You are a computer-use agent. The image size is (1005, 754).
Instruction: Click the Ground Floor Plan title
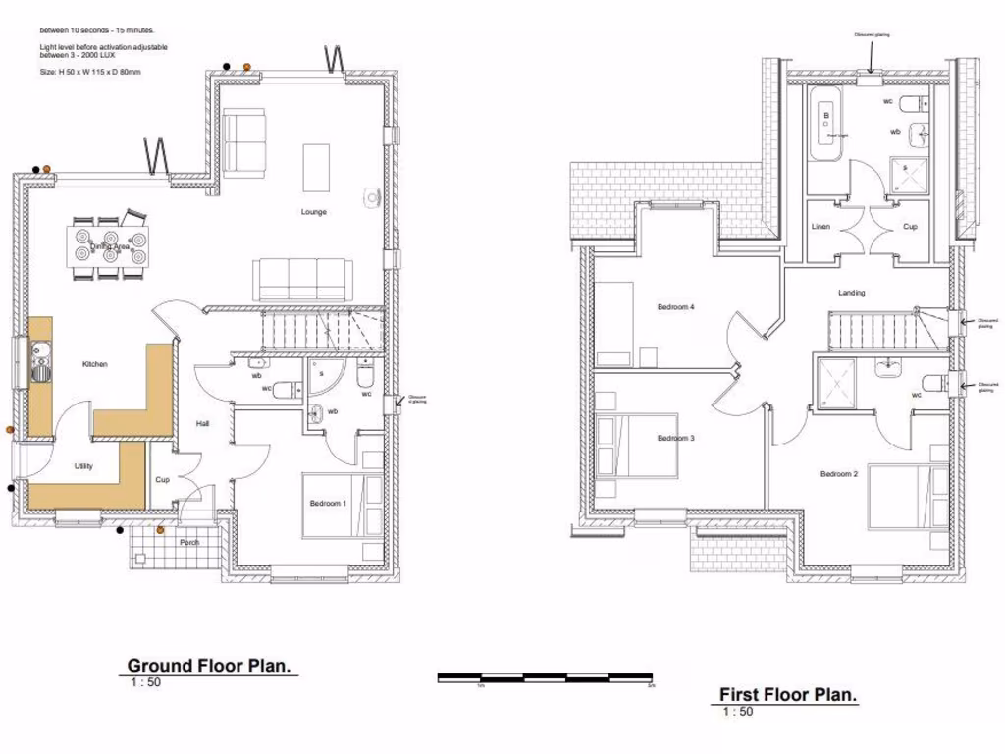pyautogui.click(x=210, y=666)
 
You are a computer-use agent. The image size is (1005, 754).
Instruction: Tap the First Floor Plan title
pyautogui.click(x=788, y=694)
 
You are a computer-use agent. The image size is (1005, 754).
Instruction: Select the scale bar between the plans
pyautogui.click(x=545, y=676)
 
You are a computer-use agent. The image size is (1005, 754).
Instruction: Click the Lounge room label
pyautogui.click(x=314, y=212)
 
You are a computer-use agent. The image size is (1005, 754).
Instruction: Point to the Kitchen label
pyautogui.click(x=95, y=364)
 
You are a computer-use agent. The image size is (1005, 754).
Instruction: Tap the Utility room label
pyautogui.click(x=83, y=466)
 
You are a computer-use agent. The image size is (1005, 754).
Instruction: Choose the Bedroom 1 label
pyautogui.click(x=328, y=503)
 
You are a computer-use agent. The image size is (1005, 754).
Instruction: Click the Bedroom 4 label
pyautogui.click(x=675, y=307)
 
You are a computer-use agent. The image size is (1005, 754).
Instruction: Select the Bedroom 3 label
pyautogui.click(x=675, y=438)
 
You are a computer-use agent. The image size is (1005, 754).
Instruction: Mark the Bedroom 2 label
pyautogui.click(x=839, y=474)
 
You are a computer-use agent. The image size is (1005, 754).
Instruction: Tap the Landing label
pyautogui.click(x=851, y=293)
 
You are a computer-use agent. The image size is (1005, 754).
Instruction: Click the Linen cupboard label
pyautogui.click(x=820, y=227)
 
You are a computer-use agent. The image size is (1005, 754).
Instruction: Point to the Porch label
pyautogui.click(x=188, y=542)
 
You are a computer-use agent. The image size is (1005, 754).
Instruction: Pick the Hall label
pyautogui.click(x=202, y=423)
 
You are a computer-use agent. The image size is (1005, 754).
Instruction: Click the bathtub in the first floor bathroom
pyautogui.click(x=826, y=125)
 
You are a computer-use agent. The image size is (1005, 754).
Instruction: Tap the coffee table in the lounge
pyautogui.click(x=316, y=168)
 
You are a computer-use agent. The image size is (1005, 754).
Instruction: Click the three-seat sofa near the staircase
pyautogui.click(x=301, y=280)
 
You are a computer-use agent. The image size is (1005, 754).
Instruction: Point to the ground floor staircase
pyautogui.click(x=321, y=329)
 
